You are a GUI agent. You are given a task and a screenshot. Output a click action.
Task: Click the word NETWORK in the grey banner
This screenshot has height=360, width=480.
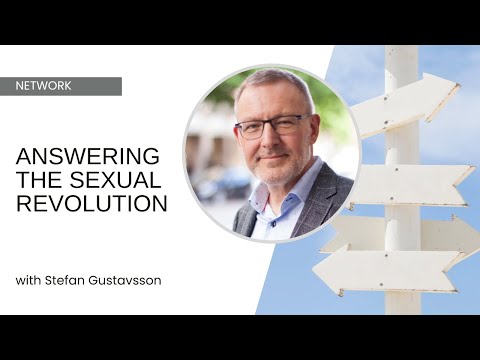[44, 86]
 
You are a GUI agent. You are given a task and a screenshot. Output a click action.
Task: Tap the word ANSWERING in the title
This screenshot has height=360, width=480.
[87, 156]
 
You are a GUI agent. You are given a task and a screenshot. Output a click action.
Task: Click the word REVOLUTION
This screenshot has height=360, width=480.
[90, 203]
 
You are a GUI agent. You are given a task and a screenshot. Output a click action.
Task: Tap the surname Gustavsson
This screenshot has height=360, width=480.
[129, 279]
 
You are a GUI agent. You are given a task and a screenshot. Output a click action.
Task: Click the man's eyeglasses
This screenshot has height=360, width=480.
[272, 126]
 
